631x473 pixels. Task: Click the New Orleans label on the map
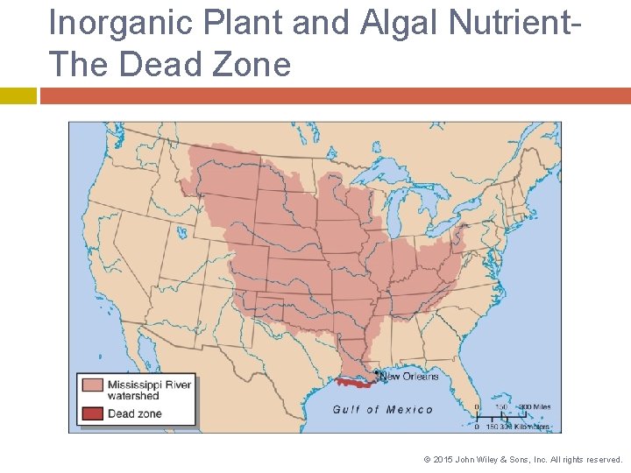tap(409, 377)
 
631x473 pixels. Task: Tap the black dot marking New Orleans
tap(377, 374)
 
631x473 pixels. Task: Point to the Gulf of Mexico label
tap(382, 410)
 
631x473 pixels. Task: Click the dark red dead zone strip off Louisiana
tap(355, 383)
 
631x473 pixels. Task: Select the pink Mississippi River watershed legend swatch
tap(92, 385)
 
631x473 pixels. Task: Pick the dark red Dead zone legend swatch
tap(92, 413)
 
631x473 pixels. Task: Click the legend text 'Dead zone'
tap(134, 413)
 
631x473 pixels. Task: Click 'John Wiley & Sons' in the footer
tap(495, 459)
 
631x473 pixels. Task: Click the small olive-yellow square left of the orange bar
tap(18, 95)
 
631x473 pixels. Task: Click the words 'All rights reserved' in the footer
tap(587, 459)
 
